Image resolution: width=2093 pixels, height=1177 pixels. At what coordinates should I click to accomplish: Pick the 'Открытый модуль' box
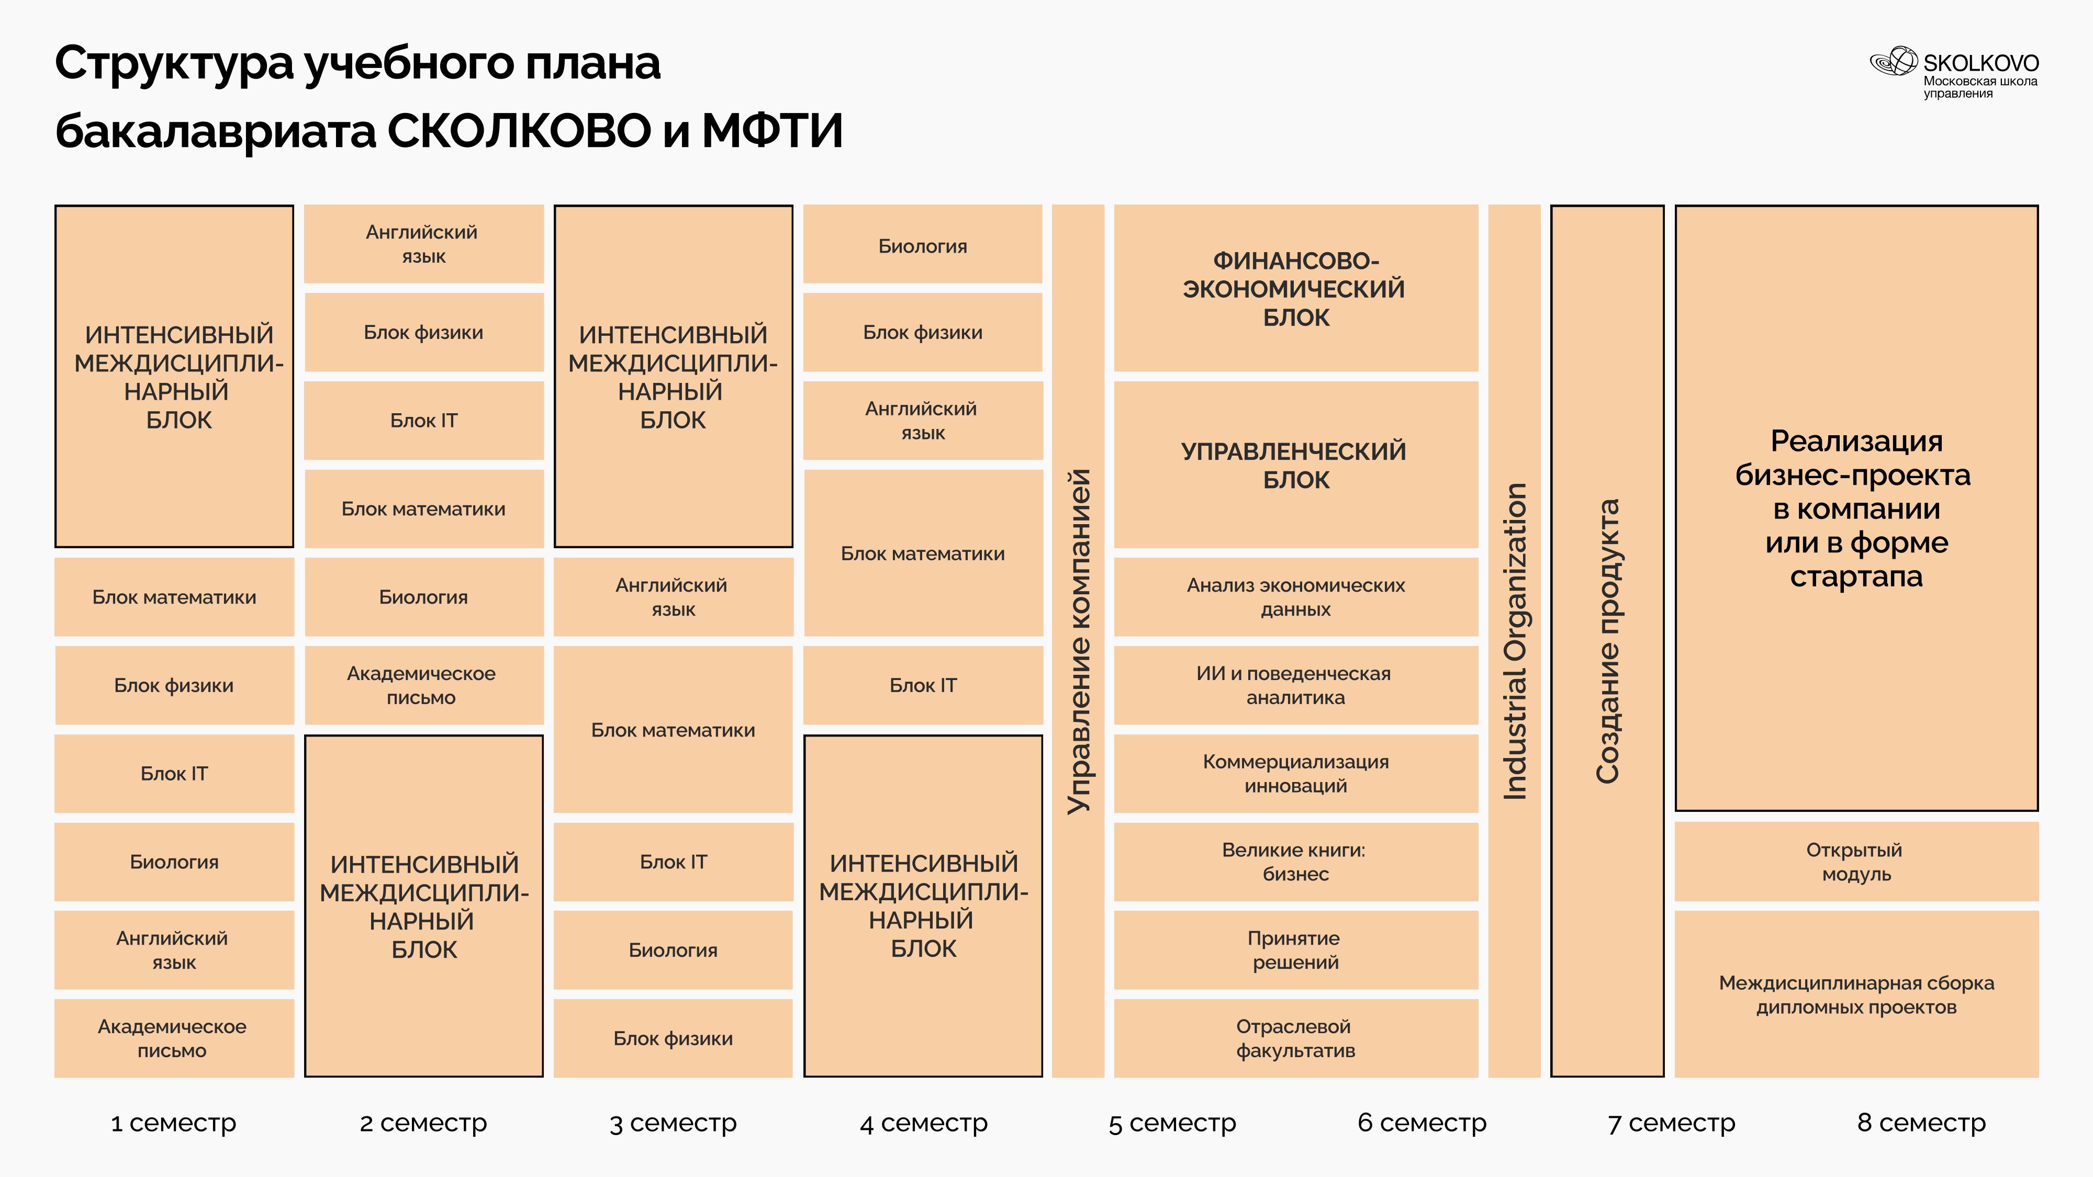click(x=1856, y=862)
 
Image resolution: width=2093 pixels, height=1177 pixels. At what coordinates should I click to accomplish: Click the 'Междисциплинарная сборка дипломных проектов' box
click(x=1856, y=994)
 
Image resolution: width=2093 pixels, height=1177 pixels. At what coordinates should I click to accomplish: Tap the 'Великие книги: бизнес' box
click(x=1295, y=862)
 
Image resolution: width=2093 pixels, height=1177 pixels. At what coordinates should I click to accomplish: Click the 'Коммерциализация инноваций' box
click(x=1295, y=773)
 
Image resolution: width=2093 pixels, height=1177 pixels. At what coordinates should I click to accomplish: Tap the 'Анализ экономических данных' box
click(x=1295, y=597)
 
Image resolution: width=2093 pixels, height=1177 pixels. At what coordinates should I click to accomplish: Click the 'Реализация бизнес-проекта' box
click(x=1856, y=507)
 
